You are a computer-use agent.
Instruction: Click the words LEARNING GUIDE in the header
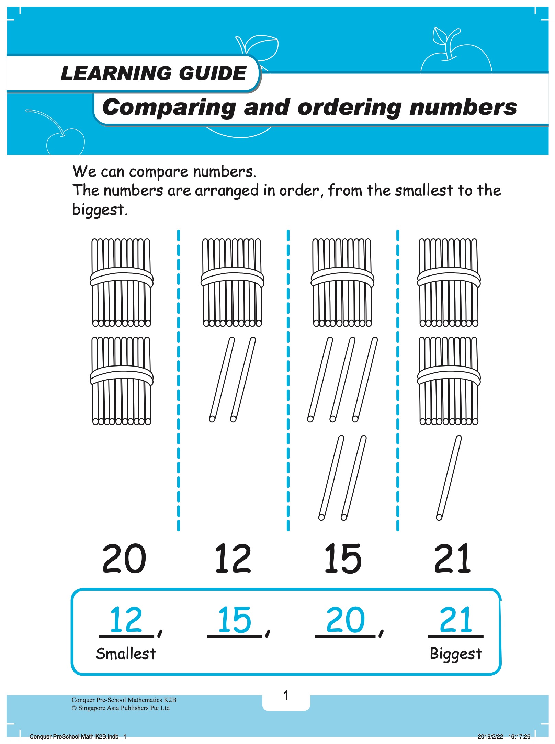click(x=154, y=73)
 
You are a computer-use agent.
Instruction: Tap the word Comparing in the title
click(x=169, y=108)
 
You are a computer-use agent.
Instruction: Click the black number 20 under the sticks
click(x=124, y=558)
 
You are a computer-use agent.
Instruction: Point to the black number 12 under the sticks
click(x=233, y=558)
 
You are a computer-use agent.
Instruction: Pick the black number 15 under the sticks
click(x=343, y=558)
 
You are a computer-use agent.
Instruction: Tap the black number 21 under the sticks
click(x=452, y=558)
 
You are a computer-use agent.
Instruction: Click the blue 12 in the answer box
click(x=126, y=620)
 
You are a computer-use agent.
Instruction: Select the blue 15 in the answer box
click(x=235, y=620)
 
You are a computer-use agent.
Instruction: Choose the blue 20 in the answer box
click(x=345, y=620)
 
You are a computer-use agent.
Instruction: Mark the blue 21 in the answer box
click(x=456, y=620)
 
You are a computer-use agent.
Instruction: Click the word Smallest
click(x=126, y=653)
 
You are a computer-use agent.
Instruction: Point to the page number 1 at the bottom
click(x=286, y=696)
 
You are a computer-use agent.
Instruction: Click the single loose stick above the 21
click(x=449, y=478)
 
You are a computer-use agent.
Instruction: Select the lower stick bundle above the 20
click(x=122, y=381)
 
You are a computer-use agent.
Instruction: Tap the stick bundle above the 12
click(x=233, y=282)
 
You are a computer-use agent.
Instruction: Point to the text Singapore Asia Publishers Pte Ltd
click(x=124, y=708)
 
